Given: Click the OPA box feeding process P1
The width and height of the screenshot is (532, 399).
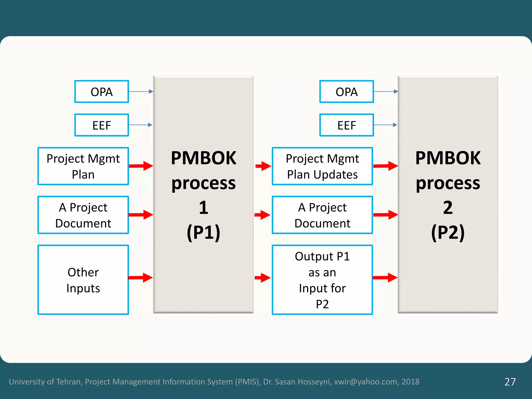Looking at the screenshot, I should (102, 92).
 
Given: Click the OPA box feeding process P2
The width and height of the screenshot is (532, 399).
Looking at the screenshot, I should (347, 92).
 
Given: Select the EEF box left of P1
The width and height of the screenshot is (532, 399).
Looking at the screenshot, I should (102, 125).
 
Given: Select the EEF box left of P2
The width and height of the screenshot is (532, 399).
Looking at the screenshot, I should (347, 125).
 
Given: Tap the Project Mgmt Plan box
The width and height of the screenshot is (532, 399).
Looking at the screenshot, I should (83, 166).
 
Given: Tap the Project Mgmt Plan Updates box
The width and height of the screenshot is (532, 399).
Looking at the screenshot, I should (322, 166).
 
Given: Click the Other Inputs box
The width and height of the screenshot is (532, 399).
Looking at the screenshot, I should (83, 280).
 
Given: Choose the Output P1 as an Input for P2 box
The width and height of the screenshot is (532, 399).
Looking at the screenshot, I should (322, 280).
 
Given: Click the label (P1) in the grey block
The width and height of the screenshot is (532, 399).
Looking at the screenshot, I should (203, 232).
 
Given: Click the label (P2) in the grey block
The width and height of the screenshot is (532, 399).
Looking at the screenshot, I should (448, 232).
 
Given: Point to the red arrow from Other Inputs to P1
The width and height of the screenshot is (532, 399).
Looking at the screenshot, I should (140, 278).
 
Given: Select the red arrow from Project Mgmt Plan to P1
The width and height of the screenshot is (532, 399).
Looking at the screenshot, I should (141, 166).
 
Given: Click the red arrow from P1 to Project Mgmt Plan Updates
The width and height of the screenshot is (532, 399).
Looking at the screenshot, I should (263, 166).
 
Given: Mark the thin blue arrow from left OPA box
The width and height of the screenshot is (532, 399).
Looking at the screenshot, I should (141, 91).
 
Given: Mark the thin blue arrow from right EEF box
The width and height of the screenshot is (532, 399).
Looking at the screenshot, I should (385, 125).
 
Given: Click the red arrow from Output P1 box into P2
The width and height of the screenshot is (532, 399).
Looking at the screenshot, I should (385, 278).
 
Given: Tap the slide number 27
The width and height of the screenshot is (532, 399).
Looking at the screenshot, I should (510, 382).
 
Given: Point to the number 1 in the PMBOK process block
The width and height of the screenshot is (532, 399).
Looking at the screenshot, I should (203, 208).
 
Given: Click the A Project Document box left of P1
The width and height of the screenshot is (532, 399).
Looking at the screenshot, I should (83, 215).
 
